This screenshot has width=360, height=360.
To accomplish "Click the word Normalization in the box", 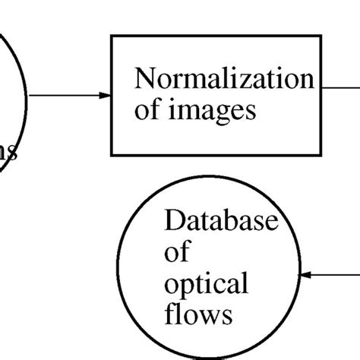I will [223, 78].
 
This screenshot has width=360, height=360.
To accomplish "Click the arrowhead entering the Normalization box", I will [105, 96].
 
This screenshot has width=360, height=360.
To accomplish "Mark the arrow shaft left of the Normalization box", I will [65, 96].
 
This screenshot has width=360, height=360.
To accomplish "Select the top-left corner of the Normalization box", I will [112, 36].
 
